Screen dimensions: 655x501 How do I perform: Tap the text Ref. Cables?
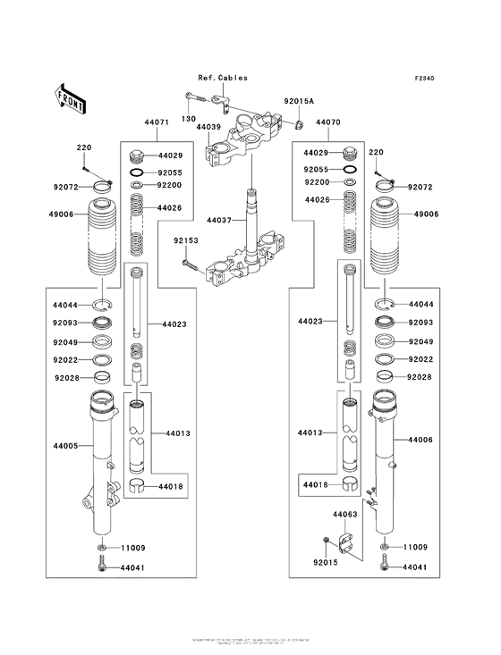coord(224,78)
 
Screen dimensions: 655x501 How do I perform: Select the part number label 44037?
coord(219,219)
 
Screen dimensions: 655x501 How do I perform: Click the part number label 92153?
coord(185,240)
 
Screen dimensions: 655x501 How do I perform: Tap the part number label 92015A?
coord(300,103)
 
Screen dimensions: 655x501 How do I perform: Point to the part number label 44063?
coord(345,515)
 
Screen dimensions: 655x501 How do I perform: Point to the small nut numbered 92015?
coord(329,541)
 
